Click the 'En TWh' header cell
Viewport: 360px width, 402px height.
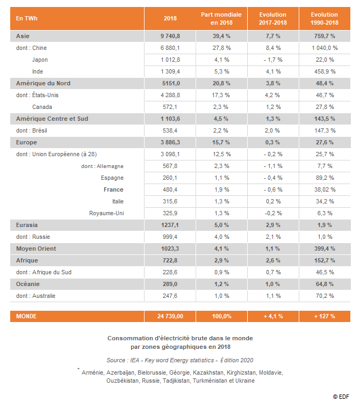(27, 18)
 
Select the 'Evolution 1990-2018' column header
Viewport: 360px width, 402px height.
(325, 18)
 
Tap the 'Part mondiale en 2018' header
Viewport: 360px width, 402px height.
(221, 18)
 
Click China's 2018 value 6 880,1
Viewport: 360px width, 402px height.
(170, 48)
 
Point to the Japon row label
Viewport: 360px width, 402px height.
(40, 60)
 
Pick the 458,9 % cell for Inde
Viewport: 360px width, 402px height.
(325, 71)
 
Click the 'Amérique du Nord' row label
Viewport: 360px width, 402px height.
(43, 83)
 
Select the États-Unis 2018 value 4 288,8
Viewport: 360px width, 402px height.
(170, 95)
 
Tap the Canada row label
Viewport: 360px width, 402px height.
(42, 107)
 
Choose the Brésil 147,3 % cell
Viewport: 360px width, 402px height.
(325, 130)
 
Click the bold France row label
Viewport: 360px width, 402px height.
(113, 189)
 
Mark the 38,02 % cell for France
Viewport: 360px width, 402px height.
(325, 189)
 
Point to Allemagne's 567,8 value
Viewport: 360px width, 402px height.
(170, 166)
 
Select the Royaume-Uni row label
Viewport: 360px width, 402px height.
(106, 213)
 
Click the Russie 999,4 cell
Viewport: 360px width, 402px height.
(170, 237)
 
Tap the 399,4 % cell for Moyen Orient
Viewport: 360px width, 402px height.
(325, 248)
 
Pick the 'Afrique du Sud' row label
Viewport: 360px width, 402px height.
(52, 272)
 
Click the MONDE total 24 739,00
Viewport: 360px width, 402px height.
(170, 316)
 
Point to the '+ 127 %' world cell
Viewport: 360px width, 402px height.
(325, 316)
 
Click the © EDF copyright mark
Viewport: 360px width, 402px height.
(341, 397)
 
